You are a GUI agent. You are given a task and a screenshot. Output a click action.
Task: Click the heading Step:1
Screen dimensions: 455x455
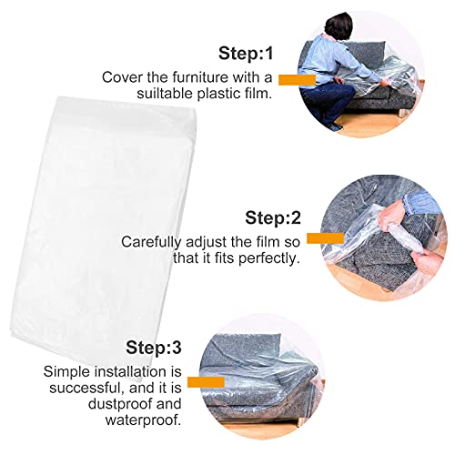point(246,54)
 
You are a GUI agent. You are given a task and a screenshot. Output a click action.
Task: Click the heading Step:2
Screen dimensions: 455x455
point(273,217)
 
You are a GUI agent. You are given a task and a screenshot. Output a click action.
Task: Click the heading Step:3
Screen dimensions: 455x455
point(154,348)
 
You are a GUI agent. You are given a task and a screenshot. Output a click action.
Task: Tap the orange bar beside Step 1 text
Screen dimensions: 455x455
point(297,80)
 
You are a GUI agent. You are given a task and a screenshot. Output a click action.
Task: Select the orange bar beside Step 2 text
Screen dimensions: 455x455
point(325,238)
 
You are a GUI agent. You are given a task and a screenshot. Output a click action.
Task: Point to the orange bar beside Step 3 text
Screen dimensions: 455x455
point(206,382)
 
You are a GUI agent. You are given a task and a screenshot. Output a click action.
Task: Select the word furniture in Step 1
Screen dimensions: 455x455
point(200,77)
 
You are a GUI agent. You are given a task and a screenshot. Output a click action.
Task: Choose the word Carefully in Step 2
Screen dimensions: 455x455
point(150,242)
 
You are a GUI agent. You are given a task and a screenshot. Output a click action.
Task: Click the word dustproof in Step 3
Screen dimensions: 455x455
point(122,404)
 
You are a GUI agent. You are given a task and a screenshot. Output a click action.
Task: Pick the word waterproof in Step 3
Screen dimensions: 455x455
point(143,420)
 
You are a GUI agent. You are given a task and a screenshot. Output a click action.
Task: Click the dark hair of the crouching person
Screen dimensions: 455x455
point(339,25)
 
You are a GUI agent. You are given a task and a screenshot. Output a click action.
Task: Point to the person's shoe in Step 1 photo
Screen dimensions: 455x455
point(334,126)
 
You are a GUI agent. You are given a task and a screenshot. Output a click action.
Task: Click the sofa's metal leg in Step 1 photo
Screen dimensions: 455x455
point(402,113)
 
